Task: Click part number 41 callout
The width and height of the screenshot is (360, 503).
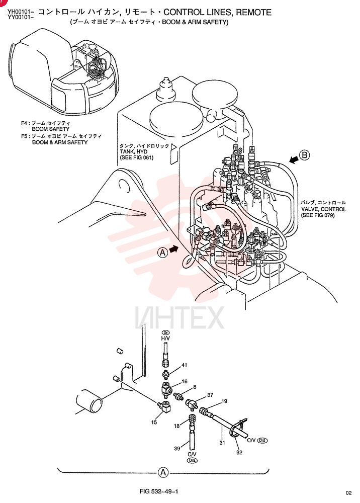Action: pos(185,365)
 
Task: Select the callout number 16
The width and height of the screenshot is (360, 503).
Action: pos(185,381)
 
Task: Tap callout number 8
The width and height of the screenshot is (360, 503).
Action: pos(195,387)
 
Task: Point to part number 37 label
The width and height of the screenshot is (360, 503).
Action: pos(210,395)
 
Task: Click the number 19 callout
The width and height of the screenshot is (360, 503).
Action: pos(224,401)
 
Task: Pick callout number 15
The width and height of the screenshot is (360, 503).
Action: pos(154,422)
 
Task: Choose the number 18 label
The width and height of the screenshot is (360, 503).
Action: pos(176,426)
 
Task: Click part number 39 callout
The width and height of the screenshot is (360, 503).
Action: pos(177,449)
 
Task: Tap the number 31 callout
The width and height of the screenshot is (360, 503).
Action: pos(222,443)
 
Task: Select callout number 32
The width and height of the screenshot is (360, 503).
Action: pos(239,452)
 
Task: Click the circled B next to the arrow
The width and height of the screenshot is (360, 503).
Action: pos(304,155)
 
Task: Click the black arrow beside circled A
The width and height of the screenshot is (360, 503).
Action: pos(174,249)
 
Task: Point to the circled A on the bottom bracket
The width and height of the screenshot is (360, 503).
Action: pos(163,472)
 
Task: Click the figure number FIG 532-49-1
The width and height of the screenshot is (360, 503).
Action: pos(159,491)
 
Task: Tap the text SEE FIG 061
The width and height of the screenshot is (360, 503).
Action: pos(137,157)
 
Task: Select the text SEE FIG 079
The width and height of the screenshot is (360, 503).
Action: pos(318,215)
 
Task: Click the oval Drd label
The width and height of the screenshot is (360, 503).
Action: pos(262,441)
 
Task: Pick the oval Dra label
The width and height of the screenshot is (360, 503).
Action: pos(193,460)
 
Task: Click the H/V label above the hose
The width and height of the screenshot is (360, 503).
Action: pos(165,338)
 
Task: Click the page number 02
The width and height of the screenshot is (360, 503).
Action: pos(349,493)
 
